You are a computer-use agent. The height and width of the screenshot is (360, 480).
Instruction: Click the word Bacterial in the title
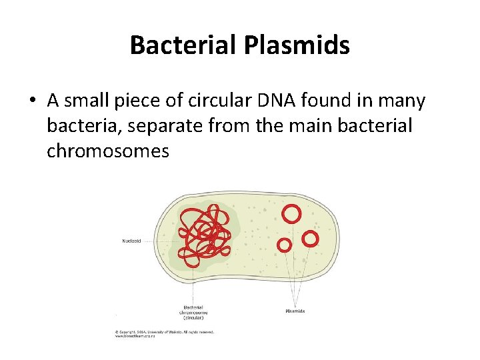click(x=175, y=45)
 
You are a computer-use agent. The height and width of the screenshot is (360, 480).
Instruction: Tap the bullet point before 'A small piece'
click(x=32, y=101)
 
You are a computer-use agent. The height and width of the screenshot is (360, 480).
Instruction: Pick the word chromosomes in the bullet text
click(x=107, y=151)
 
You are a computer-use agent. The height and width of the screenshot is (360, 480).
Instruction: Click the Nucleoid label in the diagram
click(x=132, y=241)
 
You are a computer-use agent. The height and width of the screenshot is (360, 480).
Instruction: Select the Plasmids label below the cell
click(x=296, y=311)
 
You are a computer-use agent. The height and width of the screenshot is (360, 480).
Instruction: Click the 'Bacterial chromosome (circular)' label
click(x=193, y=313)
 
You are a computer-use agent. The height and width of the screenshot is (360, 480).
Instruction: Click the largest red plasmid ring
click(x=291, y=213)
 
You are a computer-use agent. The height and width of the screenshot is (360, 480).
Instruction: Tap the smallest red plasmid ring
click(x=284, y=245)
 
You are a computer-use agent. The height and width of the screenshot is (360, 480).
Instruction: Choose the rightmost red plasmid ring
click(x=311, y=238)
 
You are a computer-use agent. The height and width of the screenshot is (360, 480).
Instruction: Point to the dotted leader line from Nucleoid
click(x=160, y=241)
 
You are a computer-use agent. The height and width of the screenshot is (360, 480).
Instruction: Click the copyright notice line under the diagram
click(x=165, y=331)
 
